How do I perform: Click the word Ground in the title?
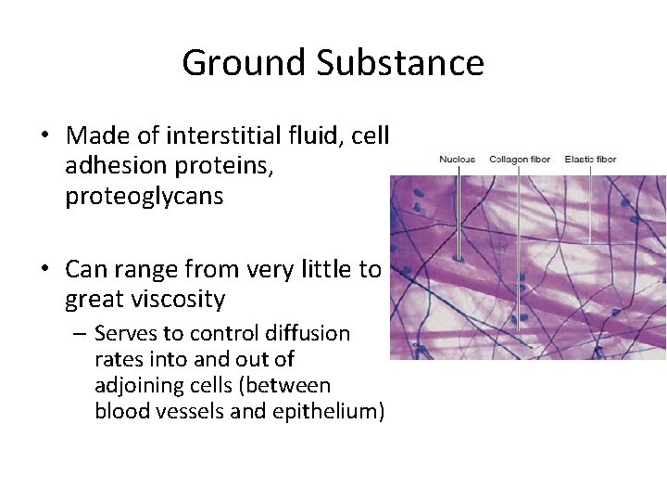(x=244, y=63)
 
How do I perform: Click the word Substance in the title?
(x=399, y=63)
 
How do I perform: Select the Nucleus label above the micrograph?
(x=457, y=159)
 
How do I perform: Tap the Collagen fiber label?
(x=519, y=159)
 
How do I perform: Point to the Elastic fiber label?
(x=590, y=159)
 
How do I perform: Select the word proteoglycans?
(x=145, y=197)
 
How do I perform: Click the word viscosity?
(x=178, y=300)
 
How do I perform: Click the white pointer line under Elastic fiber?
(x=590, y=204)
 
